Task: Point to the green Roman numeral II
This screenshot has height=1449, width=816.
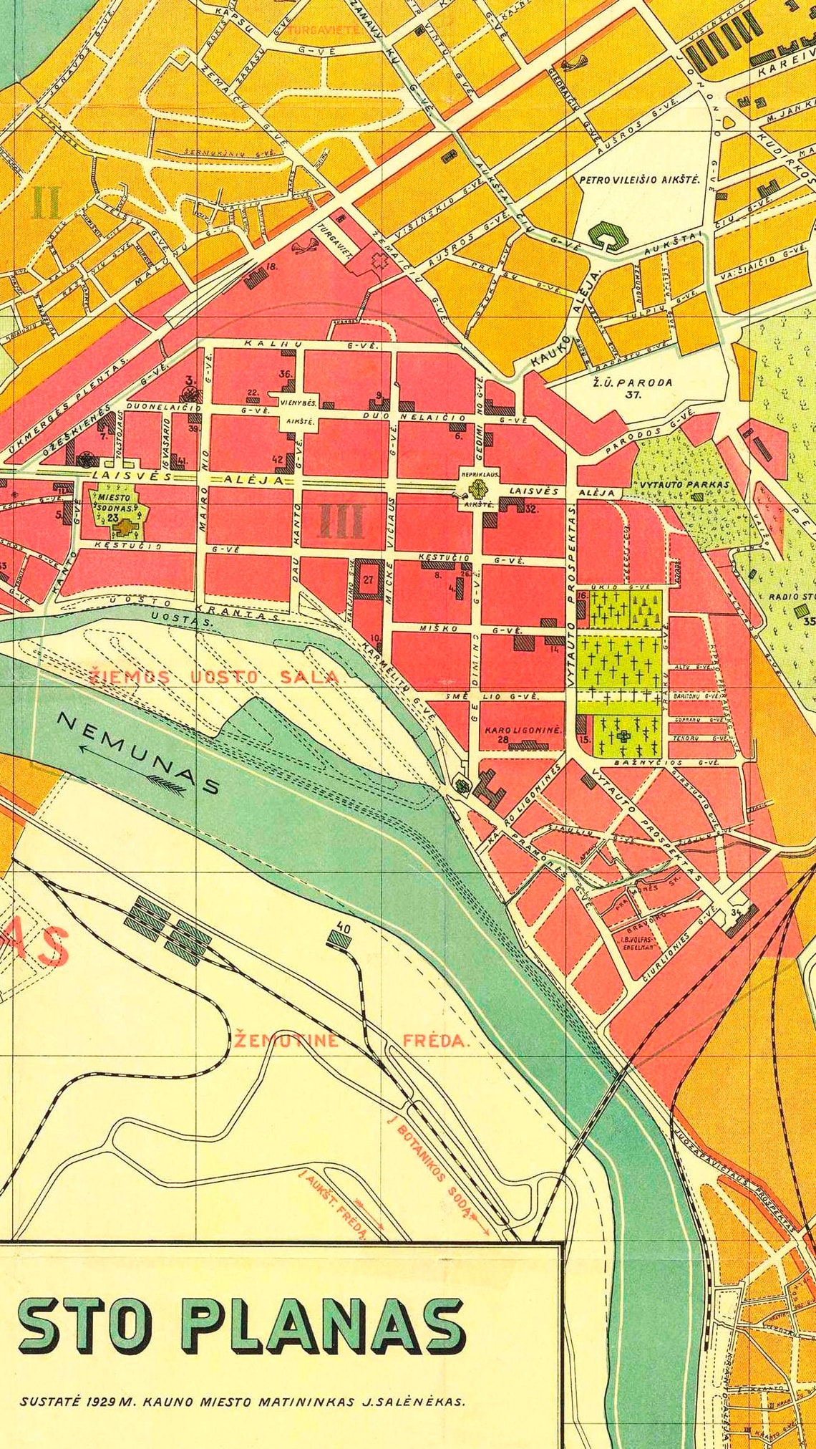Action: [x=47, y=203]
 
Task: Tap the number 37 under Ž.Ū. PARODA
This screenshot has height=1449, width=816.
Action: [x=633, y=394]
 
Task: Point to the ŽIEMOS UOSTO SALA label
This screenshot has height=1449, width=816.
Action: [x=214, y=677]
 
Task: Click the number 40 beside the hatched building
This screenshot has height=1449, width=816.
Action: [x=343, y=929]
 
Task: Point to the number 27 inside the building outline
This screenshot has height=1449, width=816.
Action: [x=368, y=580]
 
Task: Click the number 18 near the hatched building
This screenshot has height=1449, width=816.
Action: [x=271, y=267]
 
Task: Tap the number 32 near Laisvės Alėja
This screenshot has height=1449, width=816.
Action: [x=531, y=509]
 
